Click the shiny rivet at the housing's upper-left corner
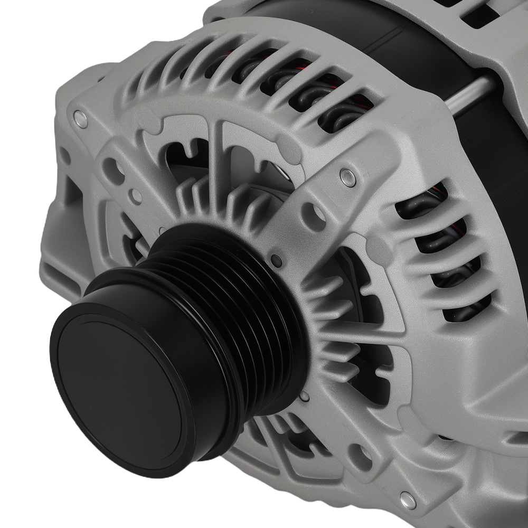(x=80, y=119)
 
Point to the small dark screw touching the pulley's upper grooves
(x=275, y=259)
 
